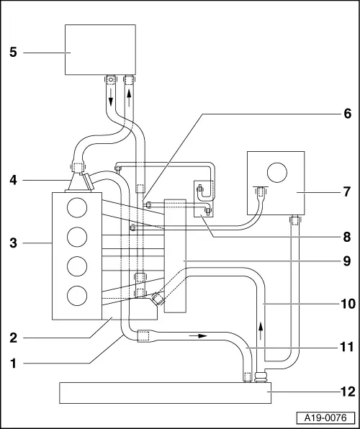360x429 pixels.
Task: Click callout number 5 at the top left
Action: coord(13,52)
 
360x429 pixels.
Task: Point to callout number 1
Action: coord(13,363)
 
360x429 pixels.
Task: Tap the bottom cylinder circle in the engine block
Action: coord(77,295)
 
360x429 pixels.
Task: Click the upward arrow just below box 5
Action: coord(129,98)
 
